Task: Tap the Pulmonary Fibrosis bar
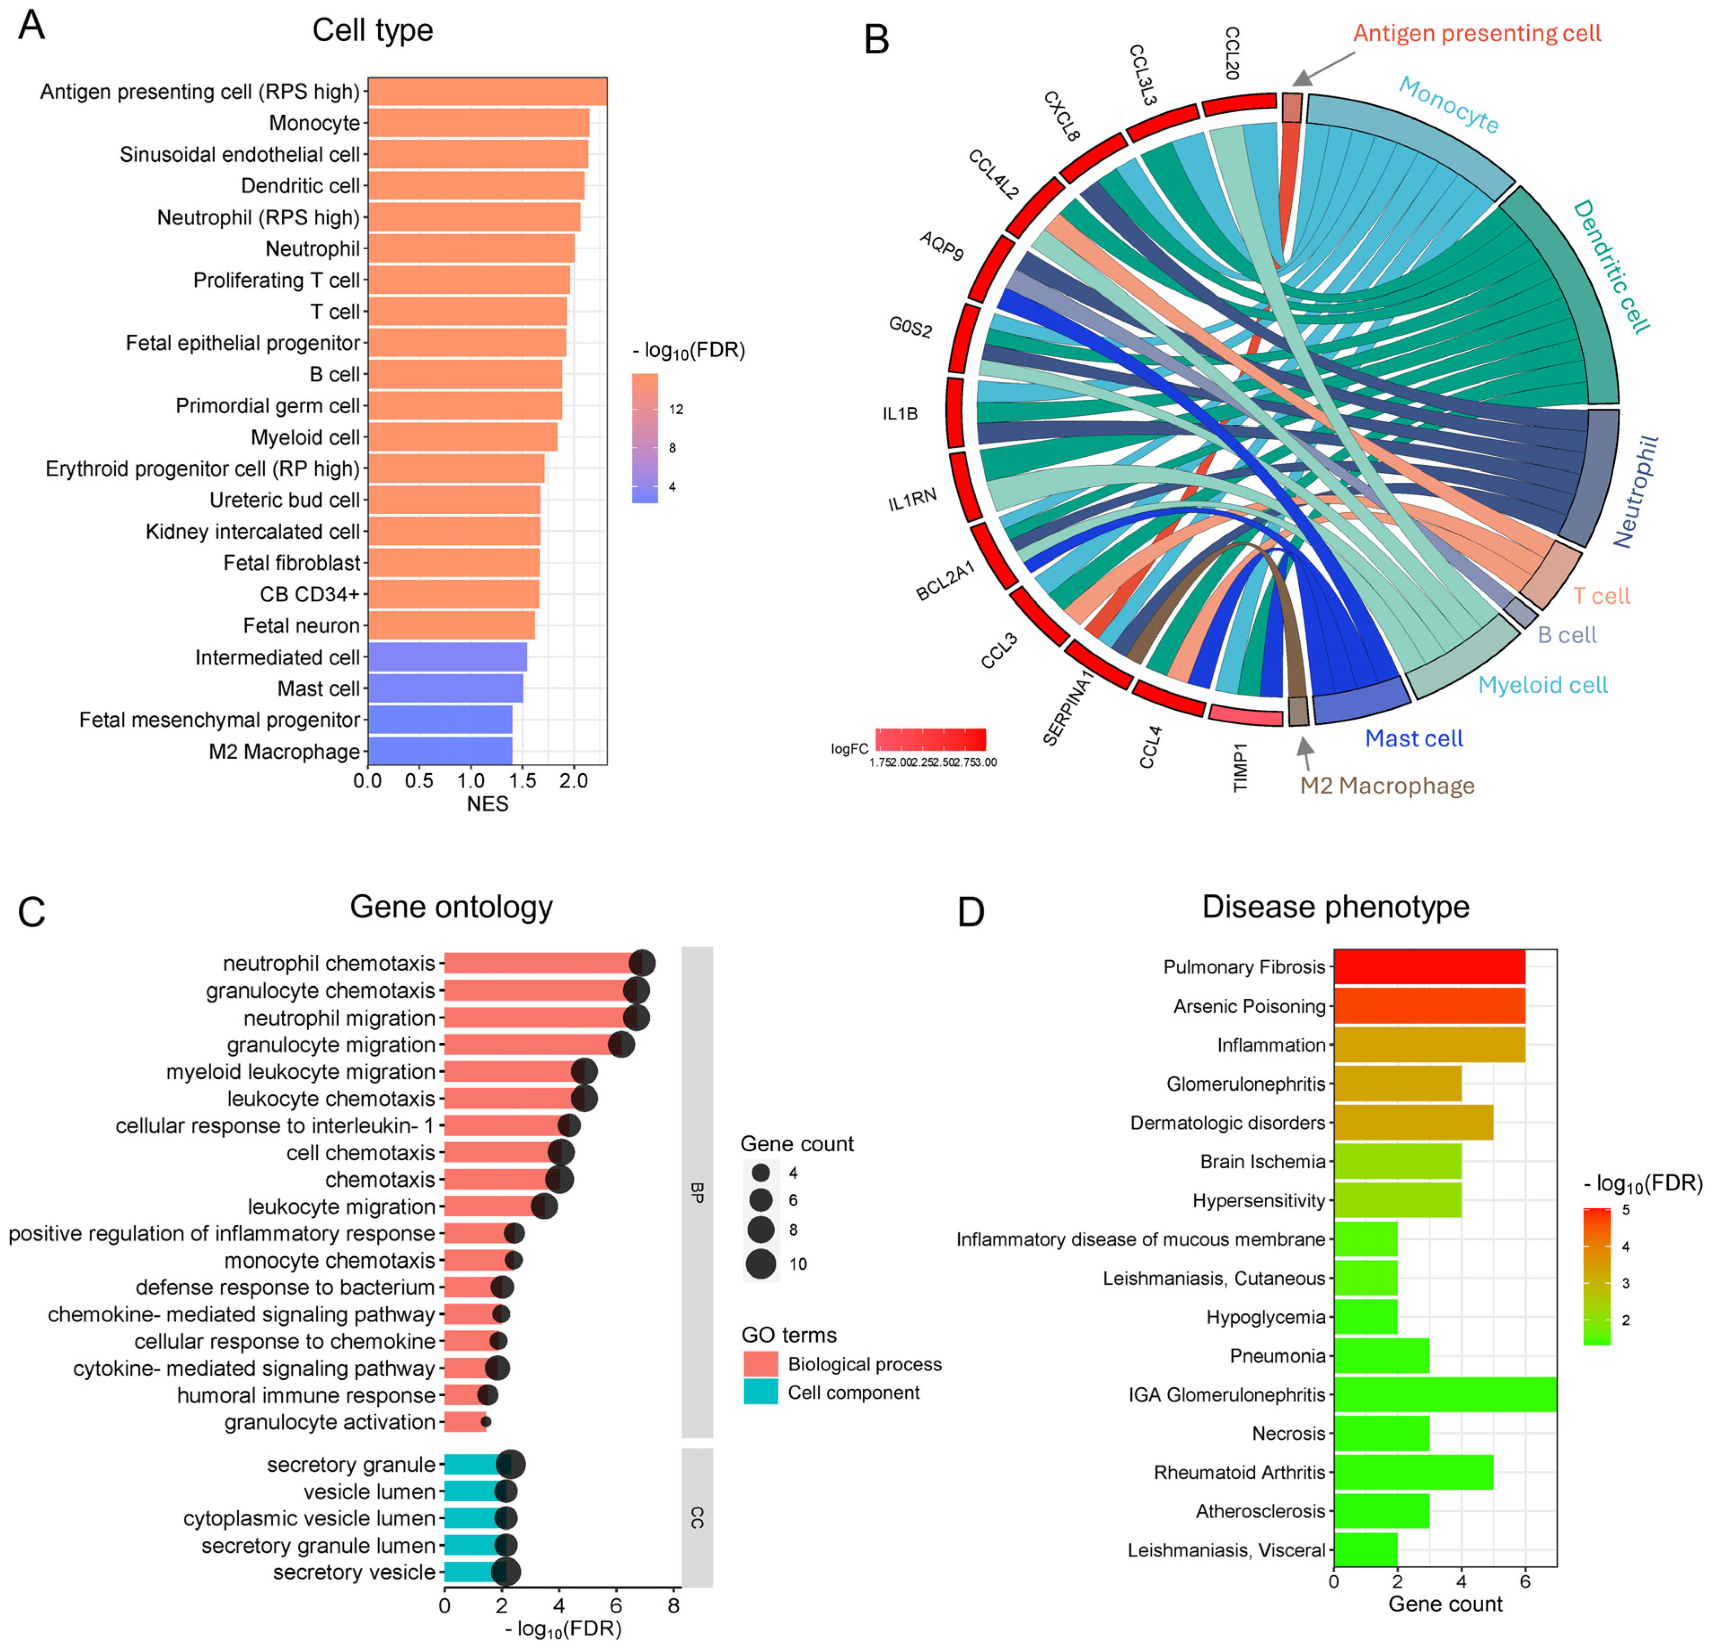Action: coord(1429,967)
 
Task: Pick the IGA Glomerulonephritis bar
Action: coord(1445,1395)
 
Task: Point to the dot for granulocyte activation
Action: coord(486,1422)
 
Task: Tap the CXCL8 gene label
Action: coord(1062,116)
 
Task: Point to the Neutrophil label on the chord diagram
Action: coord(1635,492)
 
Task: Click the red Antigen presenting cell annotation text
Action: coord(1476,33)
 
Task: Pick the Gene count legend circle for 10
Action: coord(761,1263)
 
